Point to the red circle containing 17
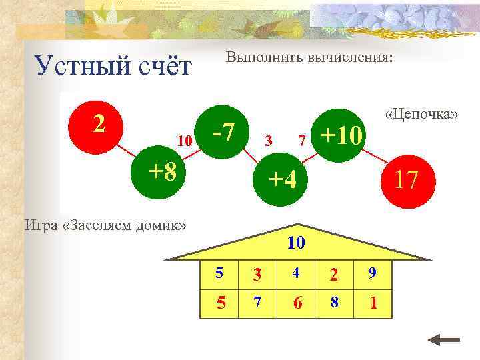click(x=407, y=181)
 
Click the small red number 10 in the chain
click(x=185, y=141)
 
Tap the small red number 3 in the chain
click(x=268, y=141)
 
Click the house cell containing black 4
click(x=296, y=274)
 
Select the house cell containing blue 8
click(x=335, y=303)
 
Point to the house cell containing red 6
click(x=297, y=303)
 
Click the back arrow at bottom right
click(x=443, y=341)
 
